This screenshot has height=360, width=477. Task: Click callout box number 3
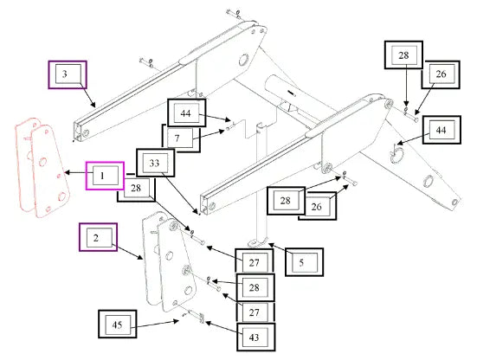click(x=68, y=74)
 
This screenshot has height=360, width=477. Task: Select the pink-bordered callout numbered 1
click(x=105, y=176)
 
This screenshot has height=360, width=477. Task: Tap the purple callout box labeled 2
click(x=98, y=237)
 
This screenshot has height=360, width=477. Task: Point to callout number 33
click(x=155, y=163)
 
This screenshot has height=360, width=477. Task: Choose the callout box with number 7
click(x=180, y=138)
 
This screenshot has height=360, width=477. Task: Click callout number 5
click(x=304, y=262)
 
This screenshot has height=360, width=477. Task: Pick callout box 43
click(x=256, y=337)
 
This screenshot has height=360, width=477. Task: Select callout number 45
click(x=118, y=325)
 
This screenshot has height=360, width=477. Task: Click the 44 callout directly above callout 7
click(x=187, y=112)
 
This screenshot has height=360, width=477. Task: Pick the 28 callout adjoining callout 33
click(x=136, y=190)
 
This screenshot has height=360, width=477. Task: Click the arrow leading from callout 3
click(x=88, y=95)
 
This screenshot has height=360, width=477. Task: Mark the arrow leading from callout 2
click(x=127, y=252)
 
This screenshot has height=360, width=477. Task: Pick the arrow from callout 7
click(x=209, y=135)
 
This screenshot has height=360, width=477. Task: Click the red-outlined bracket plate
click(x=42, y=168)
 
